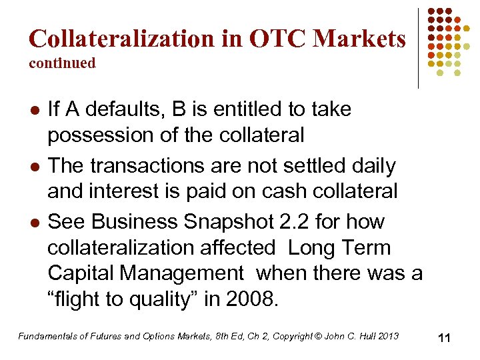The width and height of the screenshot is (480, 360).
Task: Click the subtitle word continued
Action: coord(62,63)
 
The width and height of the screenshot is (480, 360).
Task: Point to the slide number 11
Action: coord(444,338)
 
